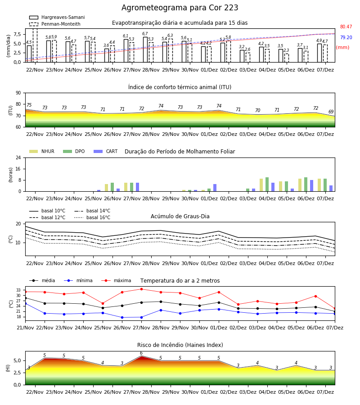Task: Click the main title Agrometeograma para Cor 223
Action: pyautogui.click(x=180, y=8)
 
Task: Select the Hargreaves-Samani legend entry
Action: pyautogui.click(x=57, y=17)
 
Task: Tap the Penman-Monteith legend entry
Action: pyautogui.click(x=55, y=24)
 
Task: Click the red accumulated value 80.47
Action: pyautogui.click(x=346, y=27)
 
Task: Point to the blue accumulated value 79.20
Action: pyautogui.click(x=346, y=37)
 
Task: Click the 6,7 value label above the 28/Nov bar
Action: pyautogui.click(x=145, y=34)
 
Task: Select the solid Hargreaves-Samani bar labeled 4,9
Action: pyautogui.click(x=319, y=53)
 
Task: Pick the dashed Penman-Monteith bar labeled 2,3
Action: pyautogui.click(x=287, y=58)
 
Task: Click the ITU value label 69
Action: pyautogui.click(x=331, y=112)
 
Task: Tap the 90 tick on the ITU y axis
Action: pyautogui.click(x=18, y=93)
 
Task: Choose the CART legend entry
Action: pyautogui.click(x=106, y=151)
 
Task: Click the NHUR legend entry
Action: pyautogui.click(x=42, y=151)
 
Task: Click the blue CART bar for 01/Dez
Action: pyautogui.click(x=215, y=188)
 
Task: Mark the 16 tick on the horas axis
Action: pyautogui.click(x=18, y=169)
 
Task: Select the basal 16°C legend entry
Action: pyautogui.click(x=92, y=217)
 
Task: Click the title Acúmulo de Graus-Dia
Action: pyautogui.click(x=180, y=216)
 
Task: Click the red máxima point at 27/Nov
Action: pyautogui.click(x=141, y=289)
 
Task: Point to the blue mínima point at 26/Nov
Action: pyautogui.click(x=122, y=317)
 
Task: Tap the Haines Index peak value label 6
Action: pyautogui.click(x=141, y=353)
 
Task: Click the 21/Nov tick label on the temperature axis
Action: pyautogui.click(x=25, y=328)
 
